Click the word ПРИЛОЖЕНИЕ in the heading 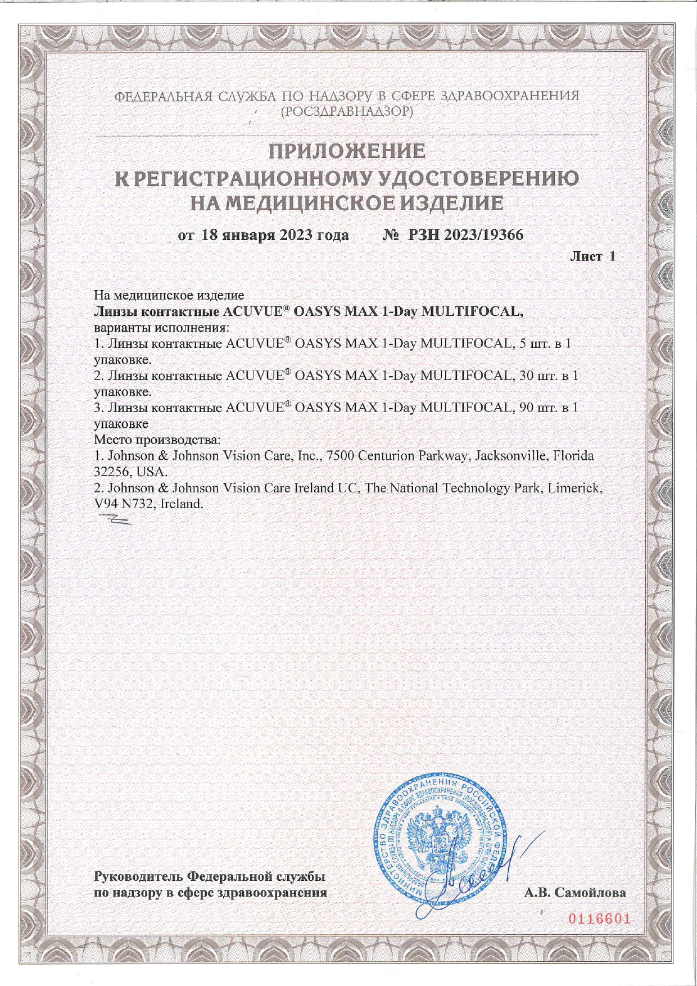tap(347, 151)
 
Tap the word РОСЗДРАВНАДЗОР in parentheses tap(347, 111)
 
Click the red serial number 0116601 tap(599, 919)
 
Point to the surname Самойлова tap(590, 893)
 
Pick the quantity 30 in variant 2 tap(526, 376)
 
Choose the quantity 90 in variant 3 tap(526, 408)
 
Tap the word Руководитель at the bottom tap(138, 876)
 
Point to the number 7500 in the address tap(340, 455)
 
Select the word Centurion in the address tap(386, 455)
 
